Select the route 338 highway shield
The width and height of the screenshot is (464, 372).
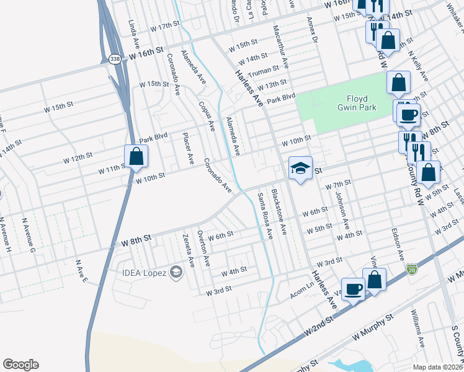tap(115, 59)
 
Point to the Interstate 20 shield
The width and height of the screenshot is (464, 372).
tap(412, 268)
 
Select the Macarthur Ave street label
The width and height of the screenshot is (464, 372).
tap(281, 46)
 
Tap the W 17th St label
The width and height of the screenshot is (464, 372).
tap(164, 27)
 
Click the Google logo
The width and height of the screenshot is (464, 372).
tap(20, 365)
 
